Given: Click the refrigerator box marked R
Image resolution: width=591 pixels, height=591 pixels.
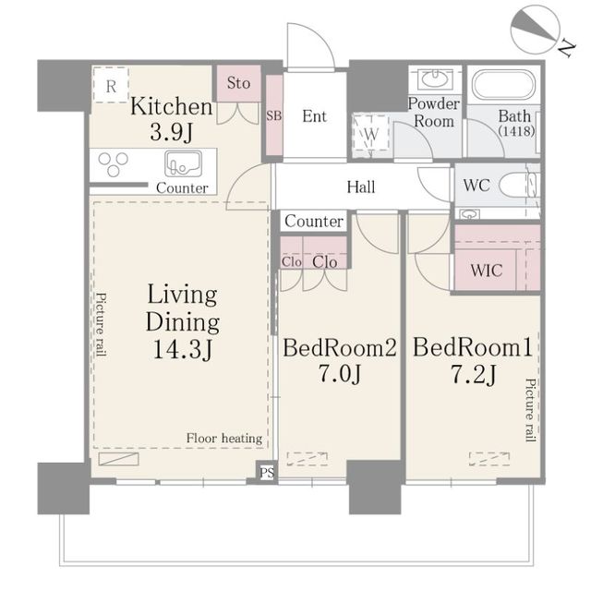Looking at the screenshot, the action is pyautogui.click(x=111, y=85).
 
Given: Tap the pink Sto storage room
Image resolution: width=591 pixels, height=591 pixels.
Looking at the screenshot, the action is pyautogui.click(x=238, y=83).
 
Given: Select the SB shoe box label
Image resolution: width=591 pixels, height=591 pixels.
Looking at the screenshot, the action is pyautogui.click(x=274, y=115).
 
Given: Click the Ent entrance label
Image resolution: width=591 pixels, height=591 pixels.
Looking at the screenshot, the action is pyautogui.click(x=314, y=116).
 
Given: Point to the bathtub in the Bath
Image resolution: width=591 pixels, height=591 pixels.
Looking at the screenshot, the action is pyautogui.click(x=503, y=86).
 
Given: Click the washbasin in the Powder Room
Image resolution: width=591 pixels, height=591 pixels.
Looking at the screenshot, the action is pyautogui.click(x=435, y=78).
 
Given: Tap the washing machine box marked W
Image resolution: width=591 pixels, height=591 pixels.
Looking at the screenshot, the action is pyautogui.click(x=371, y=133).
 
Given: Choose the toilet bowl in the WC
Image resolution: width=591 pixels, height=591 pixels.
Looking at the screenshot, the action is pyautogui.click(x=515, y=186).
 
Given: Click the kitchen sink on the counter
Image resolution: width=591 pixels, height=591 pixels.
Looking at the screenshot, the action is pyautogui.click(x=183, y=164).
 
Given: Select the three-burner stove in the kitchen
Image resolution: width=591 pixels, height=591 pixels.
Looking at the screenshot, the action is pyautogui.click(x=113, y=164).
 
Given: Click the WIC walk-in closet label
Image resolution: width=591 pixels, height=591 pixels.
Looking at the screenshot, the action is pyautogui.click(x=487, y=271).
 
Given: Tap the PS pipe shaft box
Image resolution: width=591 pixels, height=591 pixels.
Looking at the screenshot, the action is pyautogui.click(x=267, y=472).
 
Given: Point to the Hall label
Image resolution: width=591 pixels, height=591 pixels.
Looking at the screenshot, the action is pyautogui.click(x=361, y=187).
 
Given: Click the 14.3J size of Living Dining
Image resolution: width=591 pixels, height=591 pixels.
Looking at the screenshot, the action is pyautogui.click(x=183, y=349).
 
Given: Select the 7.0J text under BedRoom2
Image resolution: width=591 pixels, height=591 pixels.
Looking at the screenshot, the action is pyautogui.click(x=340, y=373).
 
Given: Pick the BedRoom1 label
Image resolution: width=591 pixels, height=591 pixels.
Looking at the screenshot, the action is pyautogui.click(x=472, y=347).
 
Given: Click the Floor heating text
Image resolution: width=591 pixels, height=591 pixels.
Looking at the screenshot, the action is pyautogui.click(x=224, y=439).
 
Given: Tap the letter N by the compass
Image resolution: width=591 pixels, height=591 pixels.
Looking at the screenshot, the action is pyautogui.click(x=566, y=48).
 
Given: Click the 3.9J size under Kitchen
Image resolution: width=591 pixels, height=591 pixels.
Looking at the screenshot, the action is pyautogui.click(x=172, y=132).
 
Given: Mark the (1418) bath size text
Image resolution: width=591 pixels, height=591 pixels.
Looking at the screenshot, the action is pyautogui.click(x=516, y=131).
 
